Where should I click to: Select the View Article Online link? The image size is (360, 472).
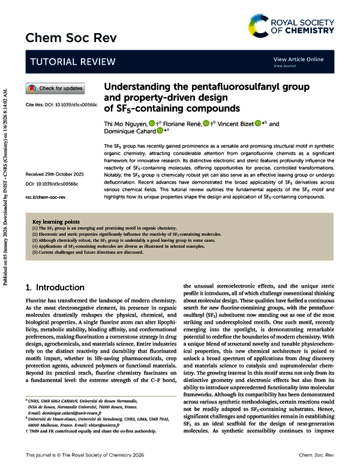pyautogui.click(x=298, y=59)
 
